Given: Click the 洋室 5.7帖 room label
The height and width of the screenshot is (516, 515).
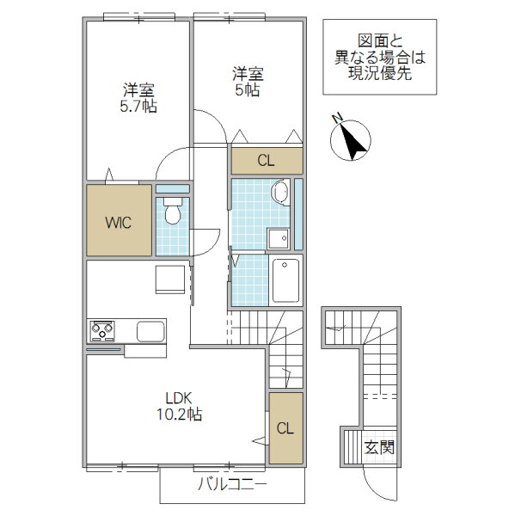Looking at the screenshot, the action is (138, 98).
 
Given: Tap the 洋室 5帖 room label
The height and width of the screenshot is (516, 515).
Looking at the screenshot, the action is (248, 82).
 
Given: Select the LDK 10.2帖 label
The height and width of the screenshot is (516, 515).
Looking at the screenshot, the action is (179, 407).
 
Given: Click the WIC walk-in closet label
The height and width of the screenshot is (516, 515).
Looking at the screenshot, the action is (118, 223).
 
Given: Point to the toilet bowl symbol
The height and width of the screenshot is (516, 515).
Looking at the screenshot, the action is (173, 211).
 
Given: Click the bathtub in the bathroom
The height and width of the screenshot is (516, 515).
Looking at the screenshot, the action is (285, 280).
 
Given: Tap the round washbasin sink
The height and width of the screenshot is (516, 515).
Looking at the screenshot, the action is (279, 192).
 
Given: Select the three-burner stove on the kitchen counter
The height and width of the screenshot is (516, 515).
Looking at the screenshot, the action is (102, 331).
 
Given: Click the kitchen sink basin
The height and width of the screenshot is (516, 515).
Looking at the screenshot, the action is (150, 331).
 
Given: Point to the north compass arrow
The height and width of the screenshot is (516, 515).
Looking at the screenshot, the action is (353, 141).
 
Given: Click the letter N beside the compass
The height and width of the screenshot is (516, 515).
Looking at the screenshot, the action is (337, 118).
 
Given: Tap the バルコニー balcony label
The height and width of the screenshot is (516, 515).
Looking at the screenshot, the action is (232, 484).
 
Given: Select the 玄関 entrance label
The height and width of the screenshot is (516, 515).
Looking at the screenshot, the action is (379, 447).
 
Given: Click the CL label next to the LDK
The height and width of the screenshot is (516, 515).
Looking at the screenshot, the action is (285, 428).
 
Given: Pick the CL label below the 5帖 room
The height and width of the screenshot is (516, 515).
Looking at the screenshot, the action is (266, 161).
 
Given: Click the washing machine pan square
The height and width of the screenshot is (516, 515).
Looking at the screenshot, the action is (279, 238).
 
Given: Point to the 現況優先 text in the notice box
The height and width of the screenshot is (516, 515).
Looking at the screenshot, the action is (380, 73).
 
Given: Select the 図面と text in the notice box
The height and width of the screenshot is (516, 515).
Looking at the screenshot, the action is (380, 41).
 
